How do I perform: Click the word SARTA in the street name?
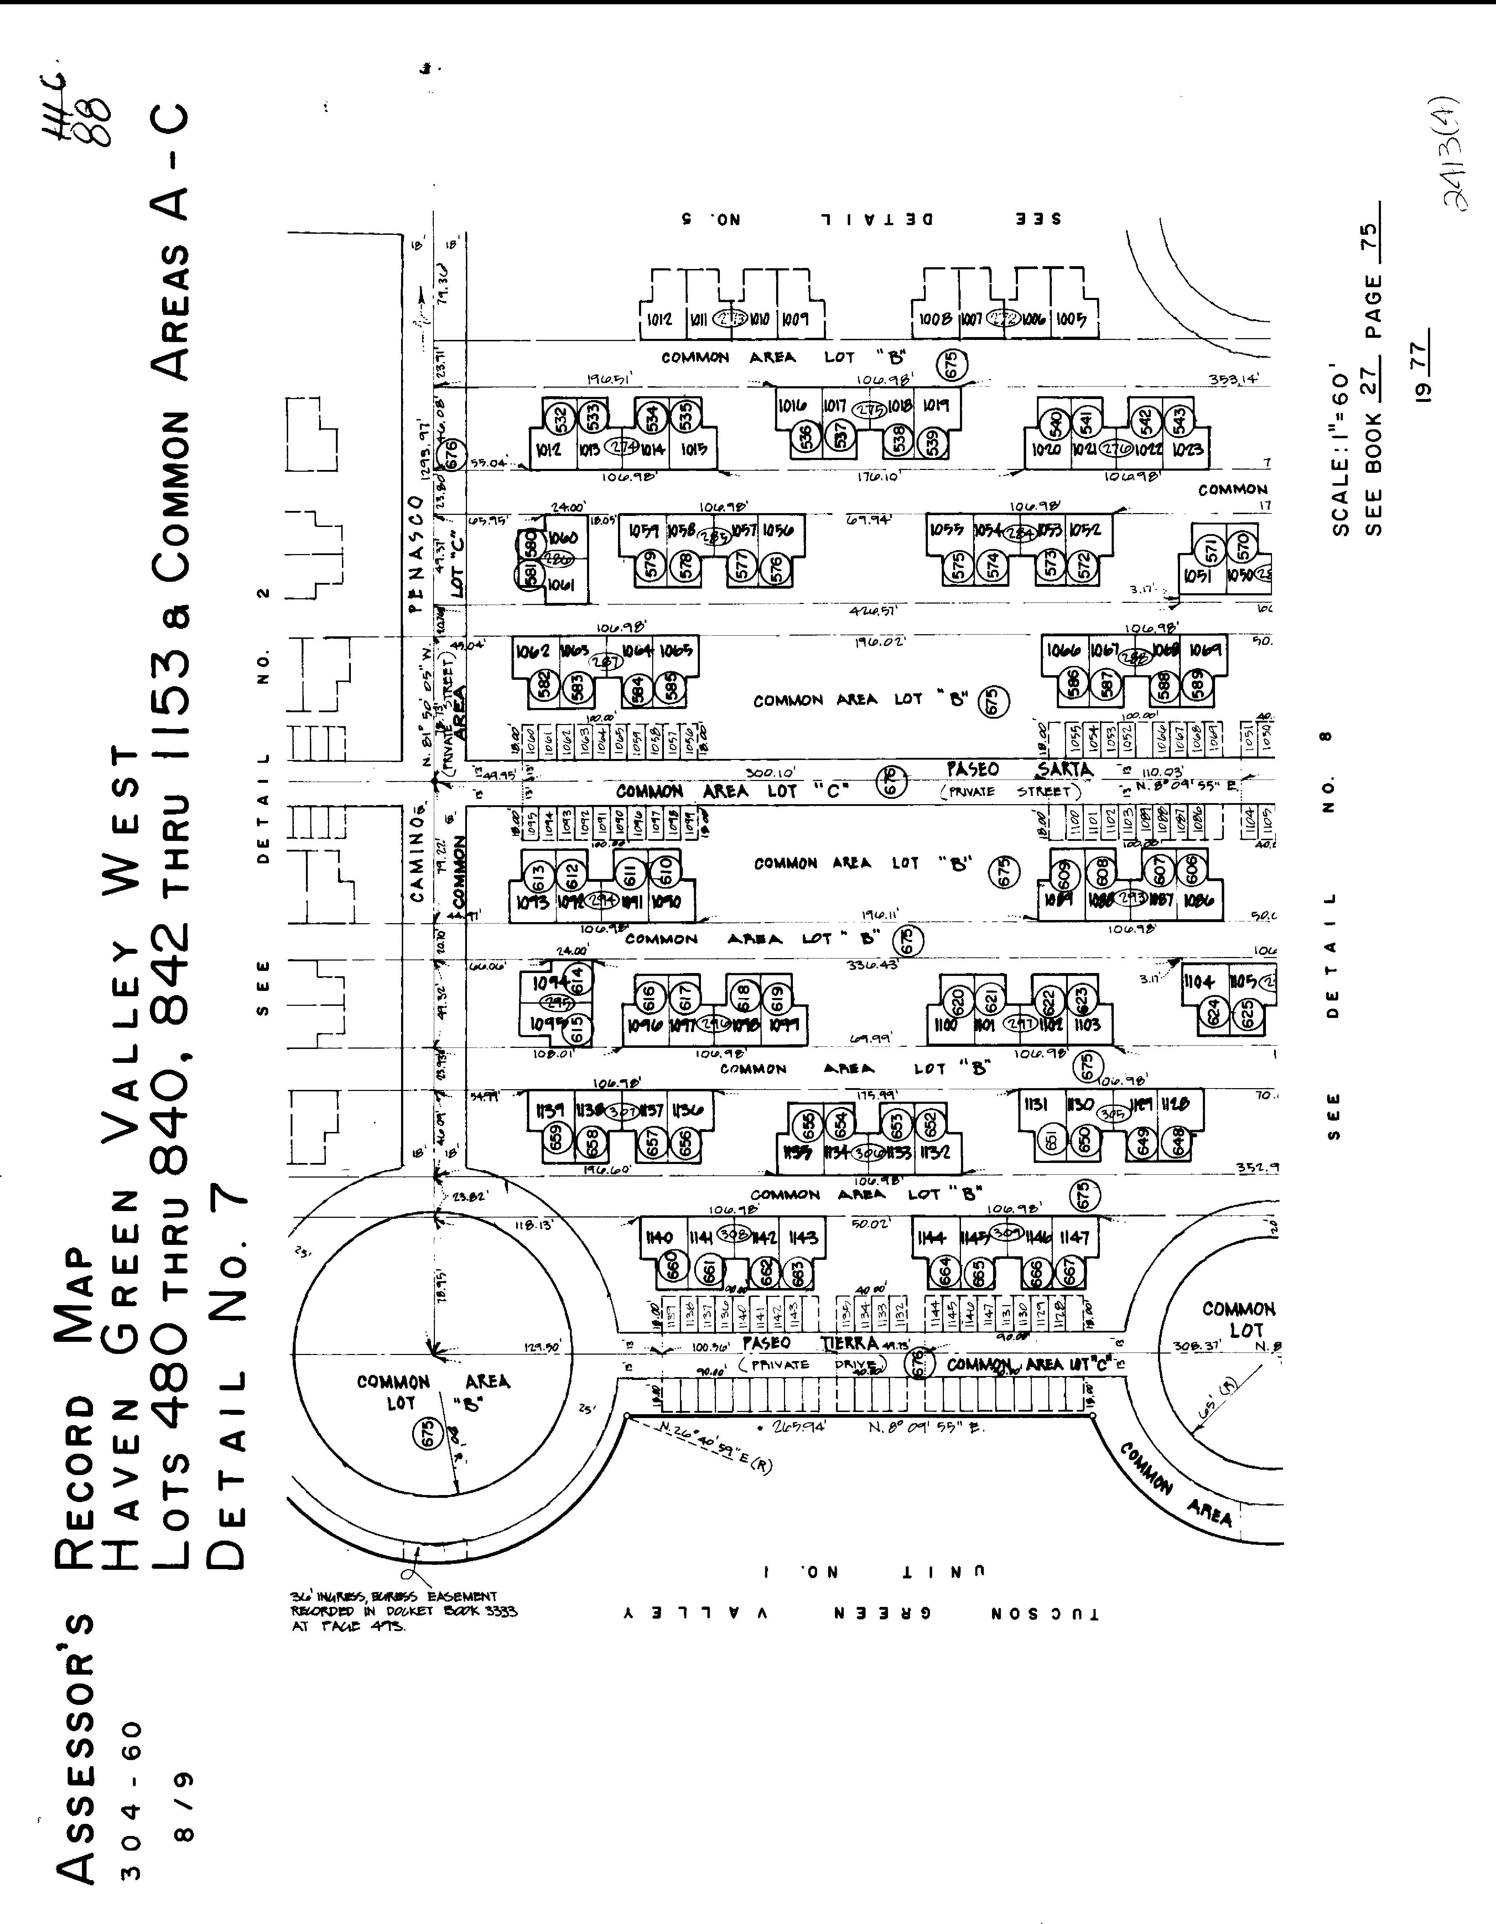pyautogui.click(x=1065, y=769)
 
